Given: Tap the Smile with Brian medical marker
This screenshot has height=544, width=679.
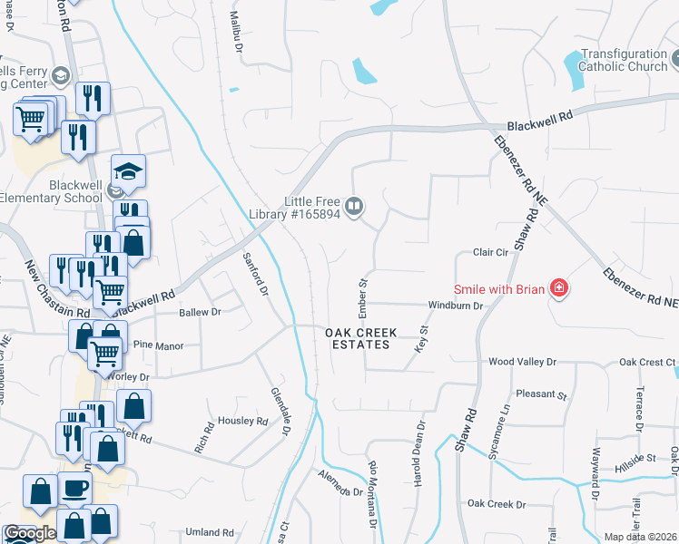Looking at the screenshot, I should click(x=559, y=289).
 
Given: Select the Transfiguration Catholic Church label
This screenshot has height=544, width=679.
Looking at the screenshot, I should click(x=623, y=60).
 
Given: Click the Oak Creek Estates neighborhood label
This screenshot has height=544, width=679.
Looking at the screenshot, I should click(x=361, y=339).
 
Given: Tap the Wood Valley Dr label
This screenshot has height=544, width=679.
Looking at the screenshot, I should click(x=521, y=362).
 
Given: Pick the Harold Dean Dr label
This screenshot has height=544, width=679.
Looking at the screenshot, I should click(x=420, y=450).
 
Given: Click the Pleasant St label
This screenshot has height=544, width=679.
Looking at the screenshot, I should click(x=541, y=395).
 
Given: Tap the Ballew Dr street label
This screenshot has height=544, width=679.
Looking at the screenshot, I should click(x=200, y=312).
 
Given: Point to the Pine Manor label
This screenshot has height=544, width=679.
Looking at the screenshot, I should click(x=159, y=346).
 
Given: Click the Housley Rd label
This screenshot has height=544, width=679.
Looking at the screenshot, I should click(x=243, y=421).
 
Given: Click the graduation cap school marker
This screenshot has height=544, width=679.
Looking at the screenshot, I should click(x=129, y=170).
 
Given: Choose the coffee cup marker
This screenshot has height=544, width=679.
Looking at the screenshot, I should click(x=75, y=489).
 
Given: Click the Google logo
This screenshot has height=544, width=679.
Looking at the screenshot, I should click(x=31, y=533).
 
